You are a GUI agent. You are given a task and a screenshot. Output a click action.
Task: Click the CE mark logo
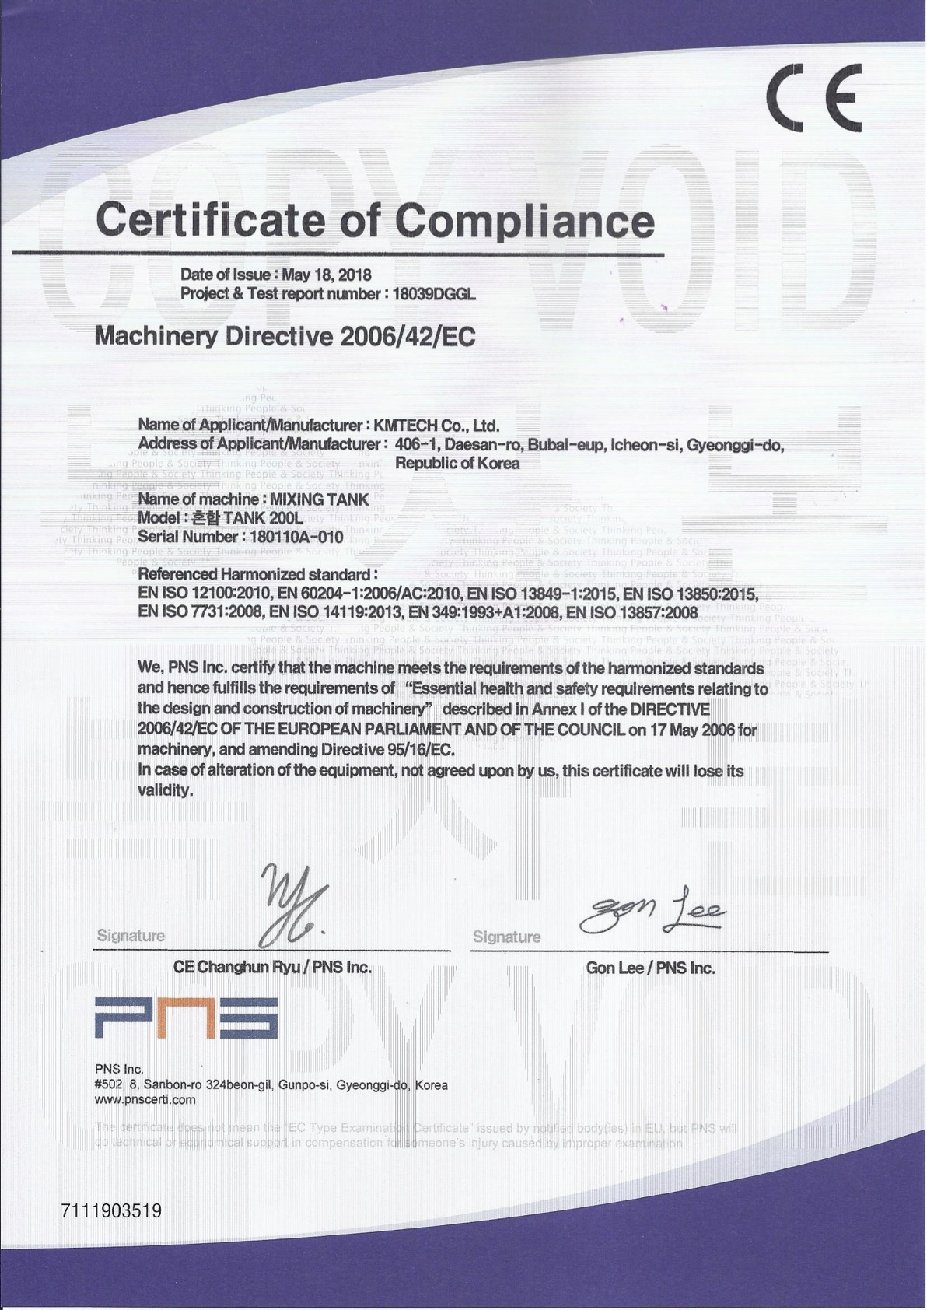813,96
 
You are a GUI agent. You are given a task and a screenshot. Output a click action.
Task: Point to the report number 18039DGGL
433,294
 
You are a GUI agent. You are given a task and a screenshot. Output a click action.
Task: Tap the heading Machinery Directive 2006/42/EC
284,336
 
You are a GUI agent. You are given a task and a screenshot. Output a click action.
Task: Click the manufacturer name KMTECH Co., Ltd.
436,426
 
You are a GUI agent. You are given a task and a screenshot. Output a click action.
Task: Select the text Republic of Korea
457,463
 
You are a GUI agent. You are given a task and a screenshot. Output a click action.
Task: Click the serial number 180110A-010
296,537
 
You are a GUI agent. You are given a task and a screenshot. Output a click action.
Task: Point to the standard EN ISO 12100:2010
200,594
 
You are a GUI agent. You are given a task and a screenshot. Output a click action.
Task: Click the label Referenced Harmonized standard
257,574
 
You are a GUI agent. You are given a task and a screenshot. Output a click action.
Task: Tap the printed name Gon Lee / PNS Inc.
650,968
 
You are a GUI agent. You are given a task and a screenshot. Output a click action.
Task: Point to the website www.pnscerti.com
145,1100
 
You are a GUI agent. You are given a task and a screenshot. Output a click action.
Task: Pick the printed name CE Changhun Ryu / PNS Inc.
272,968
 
